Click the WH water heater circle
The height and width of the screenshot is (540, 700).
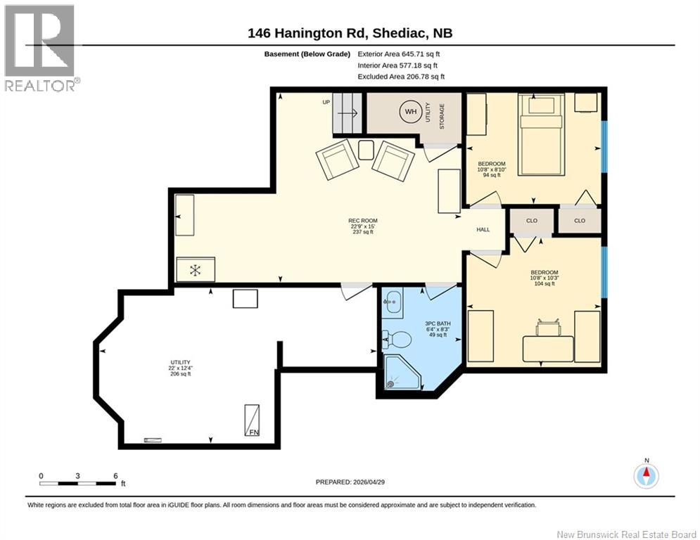click(x=410, y=112)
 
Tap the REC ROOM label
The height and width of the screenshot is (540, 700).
click(x=362, y=221)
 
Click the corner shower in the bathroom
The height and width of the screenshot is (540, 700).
click(x=402, y=372)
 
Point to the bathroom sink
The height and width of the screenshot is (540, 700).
click(x=393, y=301)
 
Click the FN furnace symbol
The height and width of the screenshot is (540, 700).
click(x=252, y=420)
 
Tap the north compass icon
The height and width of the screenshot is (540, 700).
click(x=646, y=476)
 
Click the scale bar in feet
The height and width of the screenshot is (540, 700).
click(x=77, y=483)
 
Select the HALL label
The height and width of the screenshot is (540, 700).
click(x=483, y=229)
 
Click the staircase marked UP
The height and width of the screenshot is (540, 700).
click(x=347, y=113)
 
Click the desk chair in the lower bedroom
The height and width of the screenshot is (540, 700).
click(x=547, y=328)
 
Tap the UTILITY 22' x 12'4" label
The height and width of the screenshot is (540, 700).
click(x=180, y=368)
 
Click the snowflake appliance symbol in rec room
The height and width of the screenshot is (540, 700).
click(x=196, y=269)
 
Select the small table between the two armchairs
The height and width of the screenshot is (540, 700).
click(x=366, y=150)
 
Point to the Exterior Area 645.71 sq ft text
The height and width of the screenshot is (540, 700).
click(x=399, y=54)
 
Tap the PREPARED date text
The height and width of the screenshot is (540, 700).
click(x=350, y=482)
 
